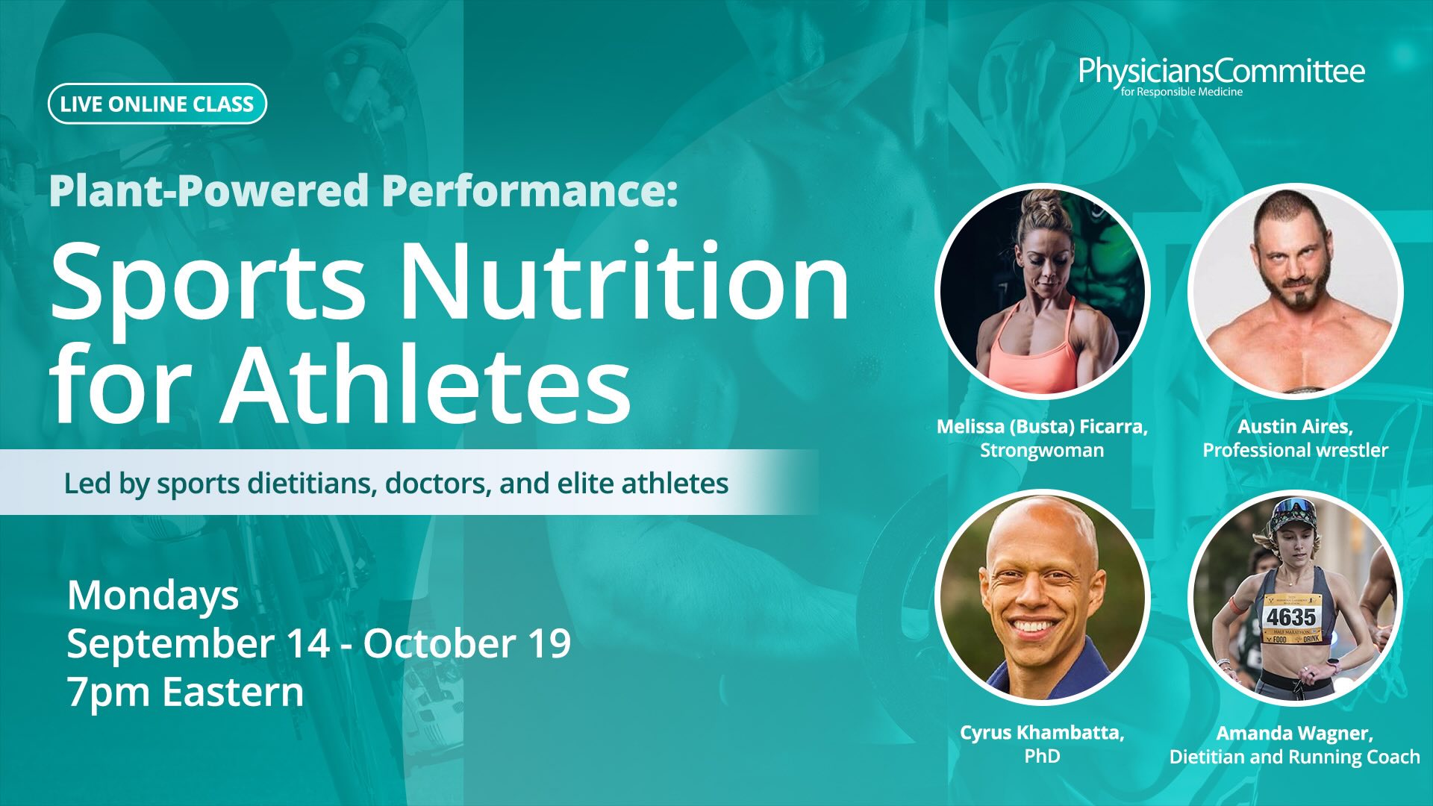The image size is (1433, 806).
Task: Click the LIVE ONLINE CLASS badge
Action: (x=157, y=104)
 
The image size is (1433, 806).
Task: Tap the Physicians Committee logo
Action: (x=1222, y=77)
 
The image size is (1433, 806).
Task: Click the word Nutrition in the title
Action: (x=625, y=281)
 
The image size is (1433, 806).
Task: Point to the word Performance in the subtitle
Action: (x=530, y=191)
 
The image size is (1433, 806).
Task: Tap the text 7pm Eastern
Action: (x=185, y=692)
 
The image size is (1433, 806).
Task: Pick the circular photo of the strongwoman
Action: (x=1043, y=291)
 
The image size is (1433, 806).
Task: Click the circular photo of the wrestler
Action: (x=1296, y=291)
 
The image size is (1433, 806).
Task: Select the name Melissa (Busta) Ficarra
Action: (x=1042, y=427)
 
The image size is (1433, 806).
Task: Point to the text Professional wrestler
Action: (x=1295, y=450)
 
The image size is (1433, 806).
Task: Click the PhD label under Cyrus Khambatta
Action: (x=1042, y=756)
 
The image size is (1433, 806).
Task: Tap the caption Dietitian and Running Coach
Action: (x=1295, y=757)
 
